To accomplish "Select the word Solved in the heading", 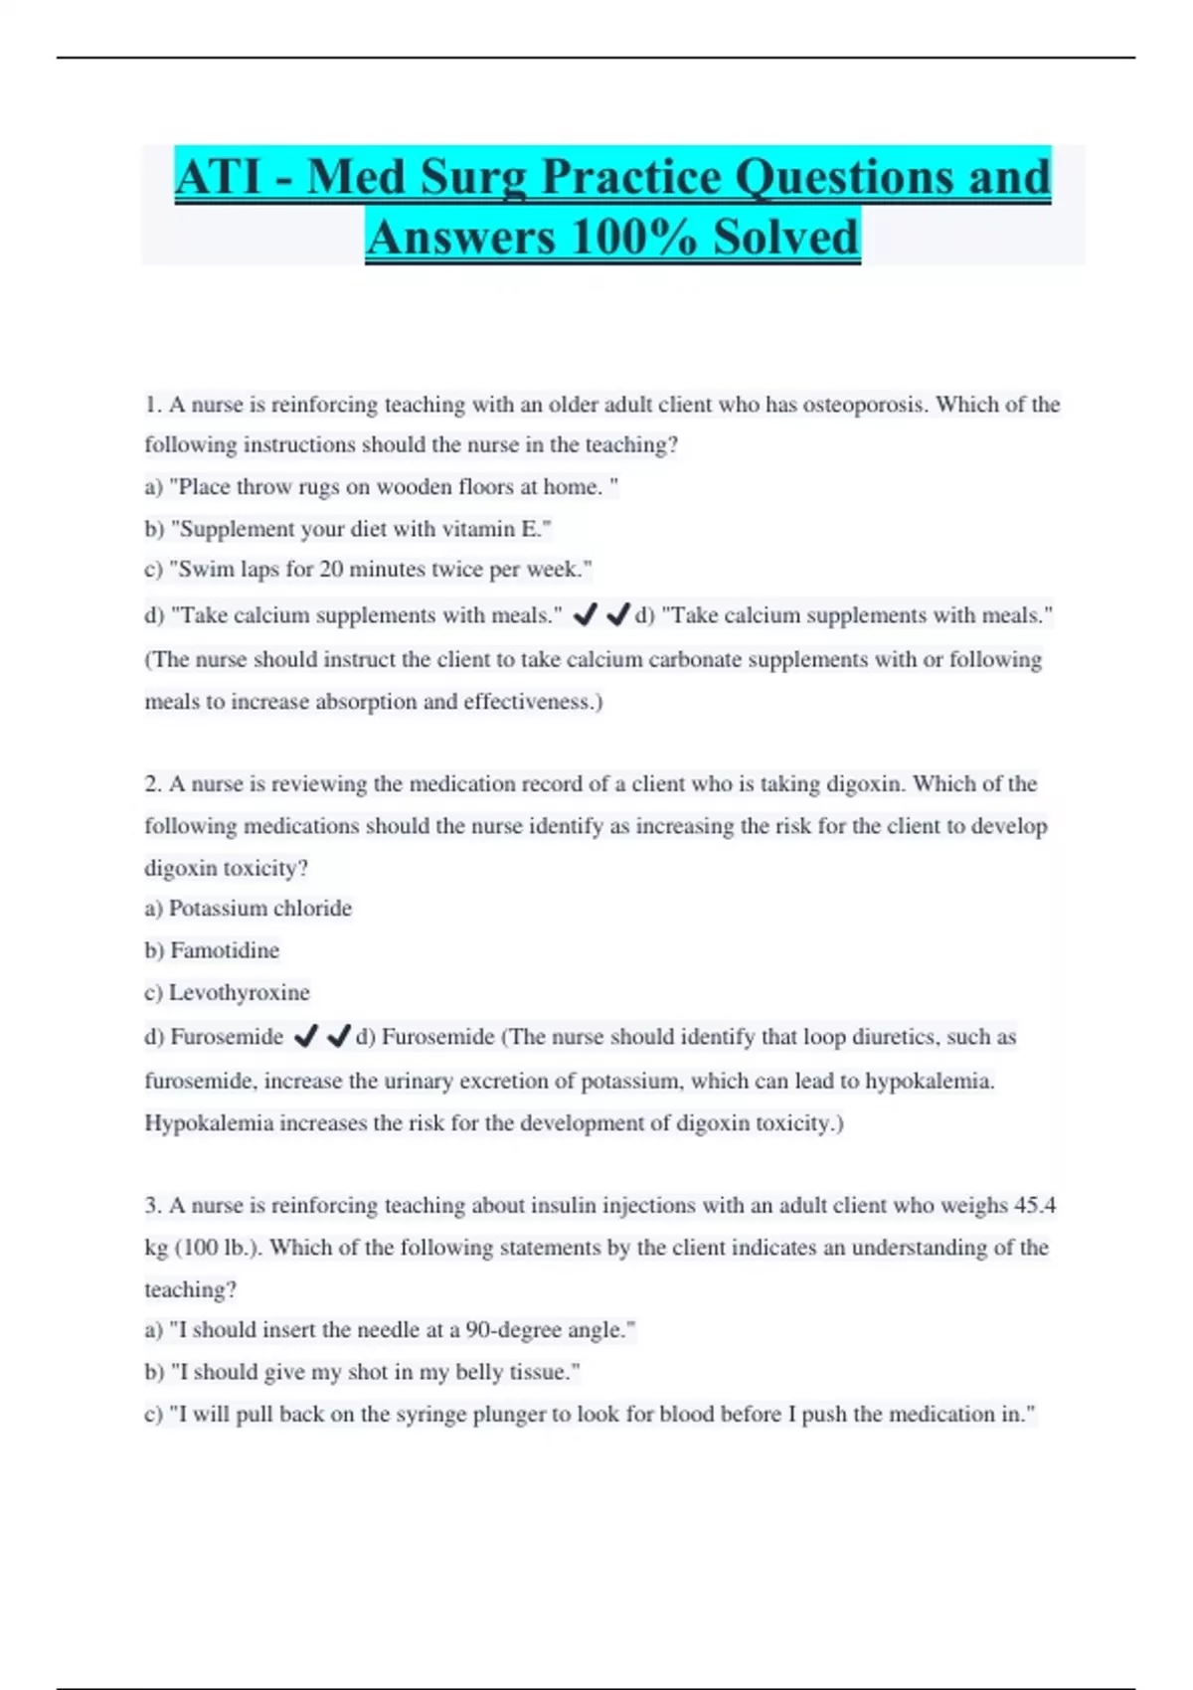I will pyautogui.click(x=785, y=238).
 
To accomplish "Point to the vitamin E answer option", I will pyautogui.click(x=348, y=529).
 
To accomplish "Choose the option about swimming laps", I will pyautogui.click(x=368, y=570).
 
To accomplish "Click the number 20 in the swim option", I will pyautogui.click(x=331, y=570).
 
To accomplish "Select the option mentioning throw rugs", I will pyautogui.click(x=382, y=487).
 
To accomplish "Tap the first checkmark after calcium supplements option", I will pyautogui.click(x=585, y=615).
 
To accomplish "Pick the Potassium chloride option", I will pyautogui.click(x=249, y=909).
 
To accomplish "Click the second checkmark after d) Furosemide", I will pyautogui.click(x=338, y=1037).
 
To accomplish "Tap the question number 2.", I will pyautogui.click(x=153, y=784).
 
